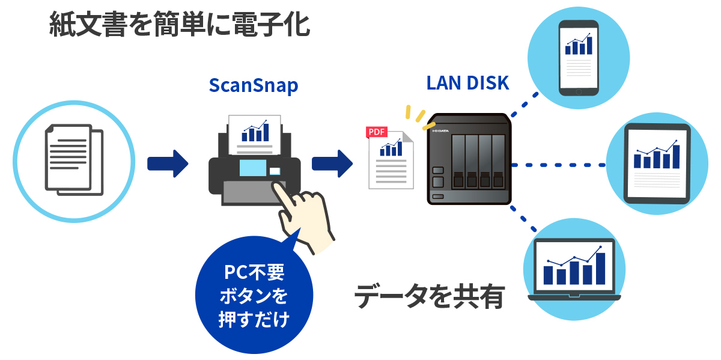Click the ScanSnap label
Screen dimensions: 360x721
(x=253, y=85)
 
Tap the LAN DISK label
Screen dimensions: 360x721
(x=467, y=83)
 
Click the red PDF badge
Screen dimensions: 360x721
(x=377, y=132)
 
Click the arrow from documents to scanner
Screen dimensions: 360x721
(x=168, y=163)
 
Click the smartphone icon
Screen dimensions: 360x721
(x=579, y=58)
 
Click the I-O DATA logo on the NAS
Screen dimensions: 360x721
(x=441, y=129)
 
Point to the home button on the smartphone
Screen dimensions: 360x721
(x=579, y=92)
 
